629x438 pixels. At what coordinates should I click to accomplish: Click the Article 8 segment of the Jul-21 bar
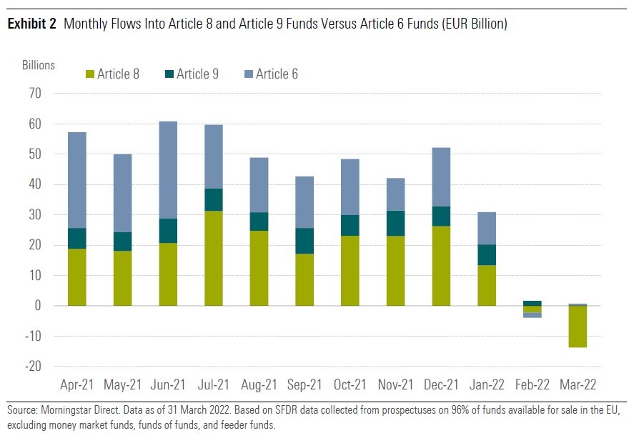(x=214, y=258)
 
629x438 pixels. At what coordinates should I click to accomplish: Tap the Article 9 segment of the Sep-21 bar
(x=305, y=241)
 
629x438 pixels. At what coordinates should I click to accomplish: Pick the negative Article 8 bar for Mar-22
(x=578, y=327)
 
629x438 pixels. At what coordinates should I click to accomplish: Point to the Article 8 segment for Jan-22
(x=487, y=285)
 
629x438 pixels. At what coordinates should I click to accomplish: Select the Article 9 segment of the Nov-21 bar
(x=396, y=224)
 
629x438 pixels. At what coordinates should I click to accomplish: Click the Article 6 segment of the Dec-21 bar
(x=442, y=177)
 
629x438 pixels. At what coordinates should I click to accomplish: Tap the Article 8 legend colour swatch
(x=89, y=74)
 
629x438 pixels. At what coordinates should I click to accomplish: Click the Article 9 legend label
(x=197, y=74)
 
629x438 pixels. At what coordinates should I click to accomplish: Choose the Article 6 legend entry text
(x=277, y=74)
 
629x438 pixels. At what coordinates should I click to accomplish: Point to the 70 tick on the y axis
(x=35, y=94)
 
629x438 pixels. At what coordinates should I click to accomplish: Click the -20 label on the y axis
(x=33, y=367)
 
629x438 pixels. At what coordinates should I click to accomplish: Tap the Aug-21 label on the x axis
(x=259, y=385)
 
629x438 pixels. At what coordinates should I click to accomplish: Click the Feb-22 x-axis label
(x=533, y=385)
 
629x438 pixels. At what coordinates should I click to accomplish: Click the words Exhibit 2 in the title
(x=32, y=24)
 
